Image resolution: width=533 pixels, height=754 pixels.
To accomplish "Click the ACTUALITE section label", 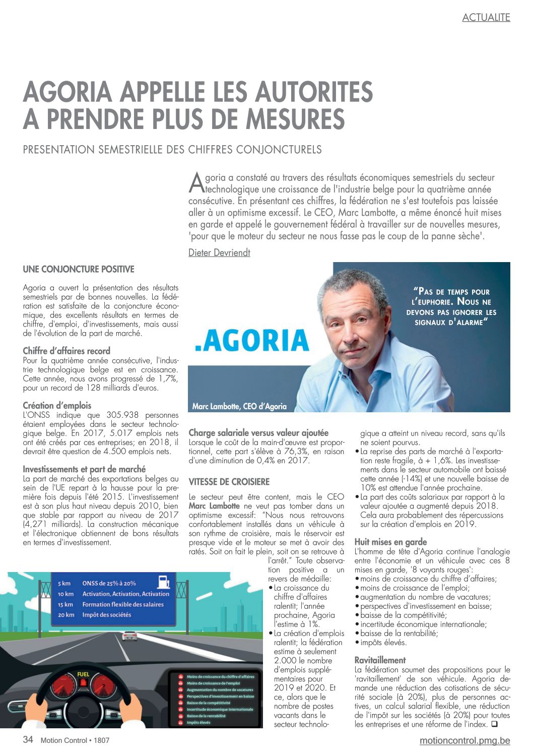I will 486,17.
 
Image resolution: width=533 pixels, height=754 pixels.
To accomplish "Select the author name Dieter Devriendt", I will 219,253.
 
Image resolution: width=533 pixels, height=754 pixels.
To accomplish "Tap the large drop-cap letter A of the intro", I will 196,182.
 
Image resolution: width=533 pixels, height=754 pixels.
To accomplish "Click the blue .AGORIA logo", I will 252,340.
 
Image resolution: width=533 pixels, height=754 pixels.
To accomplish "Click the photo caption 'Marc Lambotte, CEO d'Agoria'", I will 239,406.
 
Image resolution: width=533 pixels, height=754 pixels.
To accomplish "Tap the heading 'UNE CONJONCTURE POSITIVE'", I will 78,270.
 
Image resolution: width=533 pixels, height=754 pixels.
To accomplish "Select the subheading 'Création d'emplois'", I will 57,405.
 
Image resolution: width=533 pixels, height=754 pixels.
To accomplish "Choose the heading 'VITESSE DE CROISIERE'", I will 229,482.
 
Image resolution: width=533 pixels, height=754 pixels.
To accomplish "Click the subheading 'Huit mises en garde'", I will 390,542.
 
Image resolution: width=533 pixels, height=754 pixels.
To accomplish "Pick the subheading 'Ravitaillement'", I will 380,660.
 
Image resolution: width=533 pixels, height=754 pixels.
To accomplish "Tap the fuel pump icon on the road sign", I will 163,582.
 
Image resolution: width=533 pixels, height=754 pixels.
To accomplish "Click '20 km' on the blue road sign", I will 66,614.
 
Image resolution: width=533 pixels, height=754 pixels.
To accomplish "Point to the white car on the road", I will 129,636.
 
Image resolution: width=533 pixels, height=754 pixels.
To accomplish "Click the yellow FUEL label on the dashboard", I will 83,674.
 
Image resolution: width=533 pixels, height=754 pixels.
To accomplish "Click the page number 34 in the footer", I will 28,740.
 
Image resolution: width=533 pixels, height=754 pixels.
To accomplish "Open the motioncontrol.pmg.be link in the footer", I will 464,740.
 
